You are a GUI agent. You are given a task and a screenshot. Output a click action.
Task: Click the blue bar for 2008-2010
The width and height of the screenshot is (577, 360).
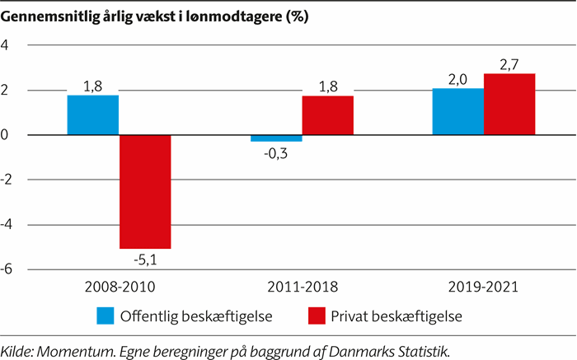[93, 115]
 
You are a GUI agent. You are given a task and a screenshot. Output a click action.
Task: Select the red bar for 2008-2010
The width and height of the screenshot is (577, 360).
[145, 191]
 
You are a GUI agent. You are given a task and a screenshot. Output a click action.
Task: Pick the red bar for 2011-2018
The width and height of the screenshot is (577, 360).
[327, 115]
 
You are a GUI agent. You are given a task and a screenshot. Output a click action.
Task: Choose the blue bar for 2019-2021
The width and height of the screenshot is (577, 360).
[457, 112]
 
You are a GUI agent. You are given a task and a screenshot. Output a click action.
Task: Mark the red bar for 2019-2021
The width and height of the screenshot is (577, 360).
[509, 105]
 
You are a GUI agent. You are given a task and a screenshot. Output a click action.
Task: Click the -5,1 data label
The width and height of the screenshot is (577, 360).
[145, 260]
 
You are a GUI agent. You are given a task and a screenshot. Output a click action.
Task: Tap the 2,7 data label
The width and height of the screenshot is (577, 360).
[509, 63]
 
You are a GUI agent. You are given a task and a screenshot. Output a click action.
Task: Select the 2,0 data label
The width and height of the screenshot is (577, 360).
[457, 78]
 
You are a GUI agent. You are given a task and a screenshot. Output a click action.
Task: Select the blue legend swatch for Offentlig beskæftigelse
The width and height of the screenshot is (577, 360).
[104, 316]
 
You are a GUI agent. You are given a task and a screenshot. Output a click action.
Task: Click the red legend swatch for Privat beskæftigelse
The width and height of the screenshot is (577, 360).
[317, 316]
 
